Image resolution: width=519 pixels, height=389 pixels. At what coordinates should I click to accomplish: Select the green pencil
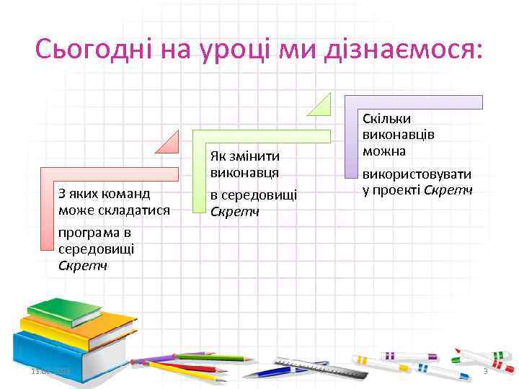coord(205,357)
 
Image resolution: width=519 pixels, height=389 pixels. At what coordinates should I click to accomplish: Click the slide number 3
coord(485,372)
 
